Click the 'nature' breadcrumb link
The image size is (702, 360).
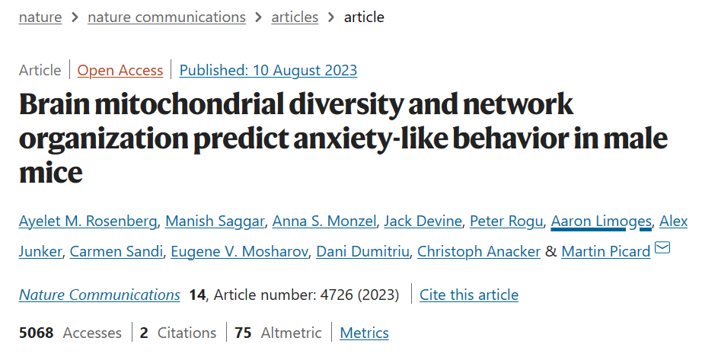[x=40, y=17]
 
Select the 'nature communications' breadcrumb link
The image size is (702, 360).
[x=167, y=17]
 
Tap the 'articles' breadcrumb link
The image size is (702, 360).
[x=295, y=17]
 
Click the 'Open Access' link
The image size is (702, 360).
[x=120, y=70]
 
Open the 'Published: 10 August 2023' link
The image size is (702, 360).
[x=268, y=70]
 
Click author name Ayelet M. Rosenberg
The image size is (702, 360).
[x=88, y=221]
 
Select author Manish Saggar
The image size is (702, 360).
[x=215, y=221]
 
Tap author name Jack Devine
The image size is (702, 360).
[x=423, y=221]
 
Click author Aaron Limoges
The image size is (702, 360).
[x=601, y=221]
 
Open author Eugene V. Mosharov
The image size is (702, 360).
[x=239, y=251]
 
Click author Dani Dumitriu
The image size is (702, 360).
[x=362, y=251]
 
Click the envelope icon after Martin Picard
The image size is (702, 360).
[x=662, y=248]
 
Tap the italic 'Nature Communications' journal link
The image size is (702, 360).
[x=100, y=295]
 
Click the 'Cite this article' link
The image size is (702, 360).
[x=469, y=295]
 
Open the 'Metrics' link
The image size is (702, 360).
[x=364, y=333]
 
